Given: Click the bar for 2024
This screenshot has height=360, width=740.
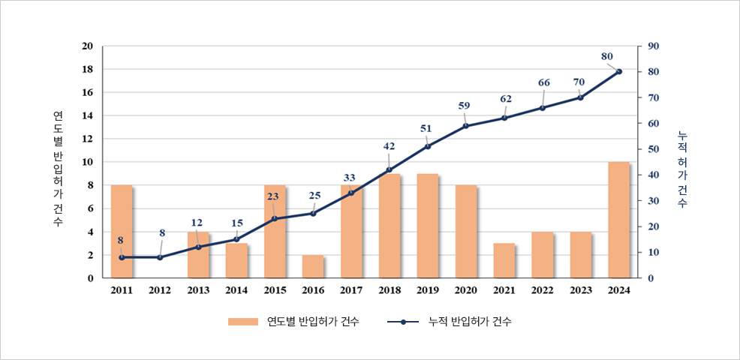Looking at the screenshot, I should pos(619,220).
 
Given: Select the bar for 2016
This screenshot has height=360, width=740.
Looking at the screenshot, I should pos(313,266).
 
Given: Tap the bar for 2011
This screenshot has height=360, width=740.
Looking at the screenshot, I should pos(122,232).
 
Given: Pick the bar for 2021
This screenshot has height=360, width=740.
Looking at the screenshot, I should pos(504,260).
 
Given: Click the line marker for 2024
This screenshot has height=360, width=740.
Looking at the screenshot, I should pos(619,71).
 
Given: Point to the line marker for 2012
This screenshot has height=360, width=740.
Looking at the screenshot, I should pos(159,257).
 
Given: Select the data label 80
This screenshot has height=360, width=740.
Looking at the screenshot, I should pos(607,56).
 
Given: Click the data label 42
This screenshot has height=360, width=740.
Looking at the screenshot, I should pos(389,146).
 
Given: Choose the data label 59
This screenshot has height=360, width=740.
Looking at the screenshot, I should pos(464,106).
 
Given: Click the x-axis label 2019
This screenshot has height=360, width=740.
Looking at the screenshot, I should pos(428,291).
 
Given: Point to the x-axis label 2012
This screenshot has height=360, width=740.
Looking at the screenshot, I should pos(159,291).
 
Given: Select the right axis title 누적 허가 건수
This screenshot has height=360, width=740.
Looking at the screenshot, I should pos(681,169).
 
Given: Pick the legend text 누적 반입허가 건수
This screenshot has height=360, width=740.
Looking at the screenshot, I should pos(470,322).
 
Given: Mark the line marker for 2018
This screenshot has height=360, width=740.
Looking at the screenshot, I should pos(389,169).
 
